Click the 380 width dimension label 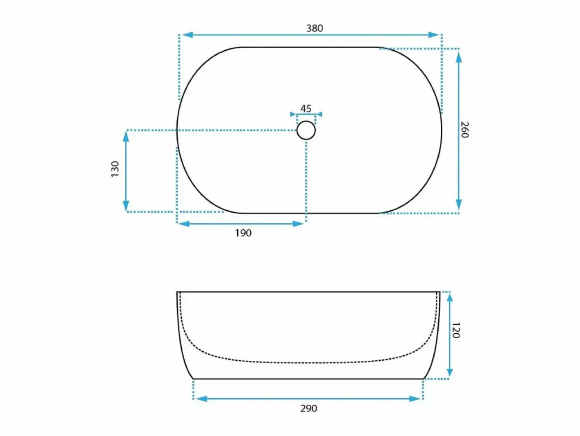[x=315, y=28]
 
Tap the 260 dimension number [x=464, y=130]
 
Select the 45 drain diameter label [x=306, y=108]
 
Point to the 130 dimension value [x=115, y=169]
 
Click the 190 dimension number [x=243, y=233]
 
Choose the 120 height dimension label [x=456, y=330]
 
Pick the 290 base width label [x=309, y=409]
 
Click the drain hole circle [x=306, y=130]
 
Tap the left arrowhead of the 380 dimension [x=187, y=35]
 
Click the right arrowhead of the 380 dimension [x=434, y=35]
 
